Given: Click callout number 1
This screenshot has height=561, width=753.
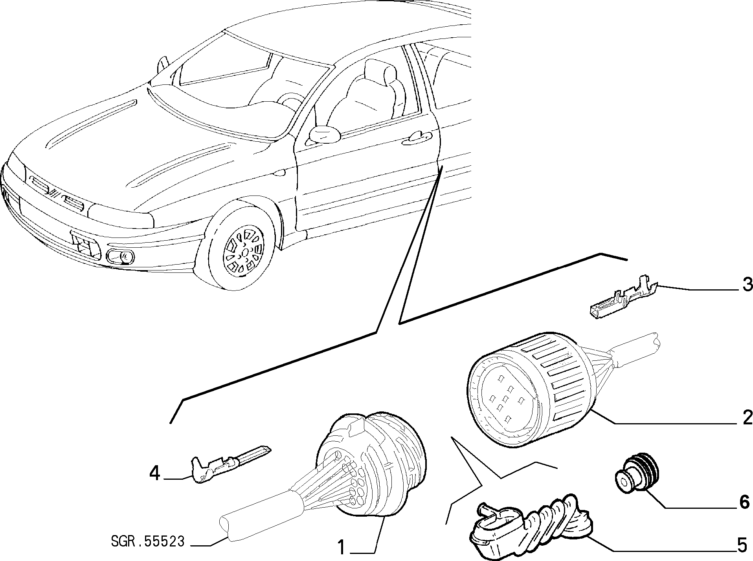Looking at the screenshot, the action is (342, 547).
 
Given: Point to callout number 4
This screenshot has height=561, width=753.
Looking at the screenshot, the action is (155, 473).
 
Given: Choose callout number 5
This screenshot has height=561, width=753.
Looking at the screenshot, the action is (741, 545).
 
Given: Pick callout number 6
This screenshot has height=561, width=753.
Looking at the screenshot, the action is (744, 502).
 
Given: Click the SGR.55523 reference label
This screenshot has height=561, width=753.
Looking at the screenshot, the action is (148, 542).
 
